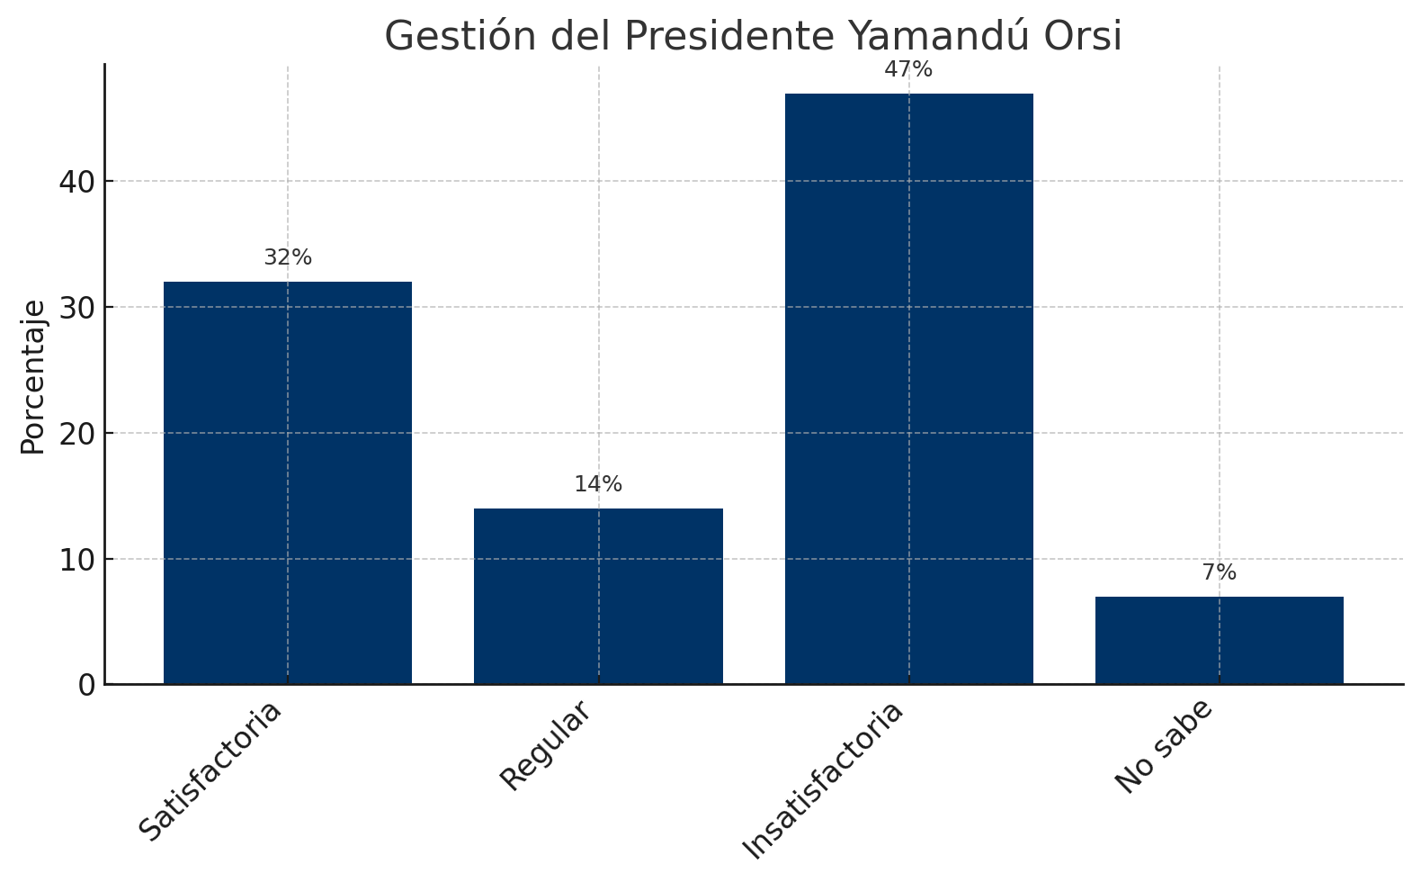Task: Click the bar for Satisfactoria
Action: (288, 483)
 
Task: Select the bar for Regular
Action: (598, 597)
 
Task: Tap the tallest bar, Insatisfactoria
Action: (908, 389)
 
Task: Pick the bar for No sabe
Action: (1220, 640)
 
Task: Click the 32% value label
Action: (288, 257)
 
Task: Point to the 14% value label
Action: (598, 484)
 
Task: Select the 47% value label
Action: (908, 69)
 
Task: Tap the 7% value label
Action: (1220, 572)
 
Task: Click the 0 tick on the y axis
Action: (86, 685)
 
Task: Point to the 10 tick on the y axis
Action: (77, 559)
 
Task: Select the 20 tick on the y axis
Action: (77, 433)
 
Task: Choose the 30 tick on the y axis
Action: (77, 307)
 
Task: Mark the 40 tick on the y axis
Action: (77, 181)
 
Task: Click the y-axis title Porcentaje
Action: (33, 377)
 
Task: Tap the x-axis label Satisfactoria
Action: (210, 770)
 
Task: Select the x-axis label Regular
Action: (546, 745)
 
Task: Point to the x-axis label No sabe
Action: (1165, 746)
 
